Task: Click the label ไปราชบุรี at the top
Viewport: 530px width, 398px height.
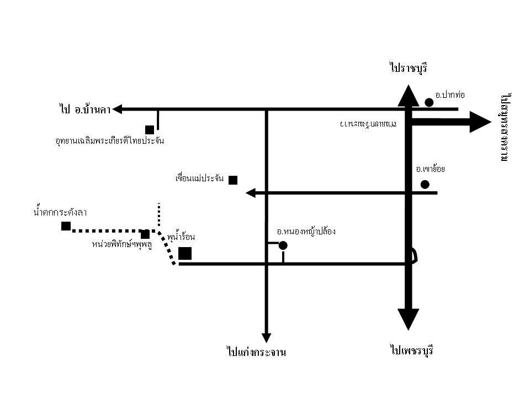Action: pyautogui.click(x=408, y=69)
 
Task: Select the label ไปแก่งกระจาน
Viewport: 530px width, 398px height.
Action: pyautogui.click(x=256, y=352)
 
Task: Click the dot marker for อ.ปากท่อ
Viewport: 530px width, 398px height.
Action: pyautogui.click(x=429, y=102)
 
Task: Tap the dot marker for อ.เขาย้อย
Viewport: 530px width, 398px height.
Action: pyautogui.click(x=425, y=184)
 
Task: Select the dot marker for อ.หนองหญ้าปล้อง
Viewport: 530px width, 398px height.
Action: pyautogui.click(x=283, y=245)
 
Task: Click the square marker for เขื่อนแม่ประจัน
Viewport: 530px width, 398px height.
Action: pyautogui.click(x=233, y=180)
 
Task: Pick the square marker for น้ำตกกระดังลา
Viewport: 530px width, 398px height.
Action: pyautogui.click(x=66, y=226)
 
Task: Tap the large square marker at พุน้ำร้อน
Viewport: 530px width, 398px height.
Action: pyautogui.click(x=185, y=253)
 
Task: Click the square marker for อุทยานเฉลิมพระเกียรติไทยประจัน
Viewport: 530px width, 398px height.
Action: pyautogui.click(x=150, y=130)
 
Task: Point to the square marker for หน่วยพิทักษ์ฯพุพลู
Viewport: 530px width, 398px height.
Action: pyautogui.click(x=145, y=234)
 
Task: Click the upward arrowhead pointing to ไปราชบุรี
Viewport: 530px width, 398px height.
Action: pyautogui.click(x=407, y=95)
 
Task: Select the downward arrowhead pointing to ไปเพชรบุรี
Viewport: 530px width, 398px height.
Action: pyautogui.click(x=409, y=320)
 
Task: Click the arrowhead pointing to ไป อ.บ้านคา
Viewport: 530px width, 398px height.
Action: pyautogui.click(x=117, y=109)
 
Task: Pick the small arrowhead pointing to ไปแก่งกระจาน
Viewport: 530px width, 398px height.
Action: pyautogui.click(x=266, y=337)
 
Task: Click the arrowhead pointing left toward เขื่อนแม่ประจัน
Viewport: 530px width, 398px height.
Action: pyautogui.click(x=250, y=193)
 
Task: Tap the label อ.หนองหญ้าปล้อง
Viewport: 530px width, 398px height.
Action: pyautogui.click(x=306, y=232)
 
